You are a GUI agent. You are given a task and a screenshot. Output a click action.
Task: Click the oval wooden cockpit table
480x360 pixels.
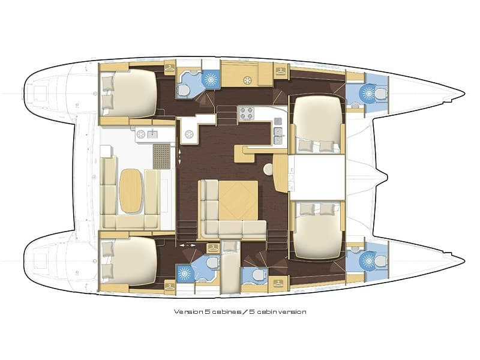click(x=131, y=190)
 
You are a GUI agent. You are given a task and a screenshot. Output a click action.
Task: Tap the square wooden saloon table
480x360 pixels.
click(x=237, y=200)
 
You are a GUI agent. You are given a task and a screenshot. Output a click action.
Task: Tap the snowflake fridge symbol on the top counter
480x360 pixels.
click(x=246, y=80)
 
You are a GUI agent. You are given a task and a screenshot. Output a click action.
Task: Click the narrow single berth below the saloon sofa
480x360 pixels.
click(x=229, y=267)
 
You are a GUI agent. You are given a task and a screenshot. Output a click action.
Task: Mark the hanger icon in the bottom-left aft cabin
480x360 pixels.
click(x=170, y=286)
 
